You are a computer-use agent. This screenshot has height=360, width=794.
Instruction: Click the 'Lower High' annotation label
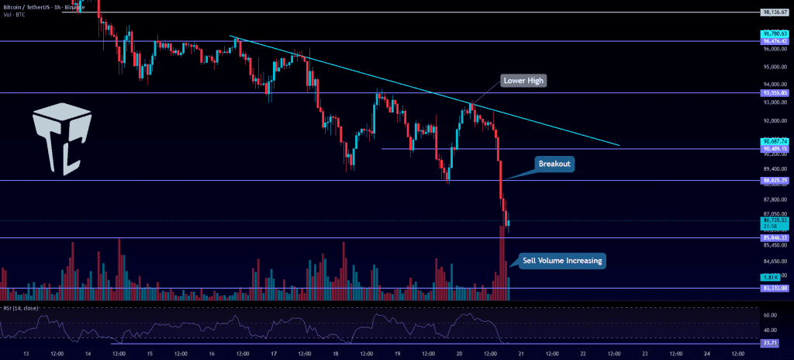pyautogui.click(x=524, y=80)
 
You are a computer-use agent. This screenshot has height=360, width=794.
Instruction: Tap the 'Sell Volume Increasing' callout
pyautogui.click(x=561, y=261)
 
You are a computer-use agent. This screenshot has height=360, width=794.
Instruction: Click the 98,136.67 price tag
pyautogui.click(x=776, y=12)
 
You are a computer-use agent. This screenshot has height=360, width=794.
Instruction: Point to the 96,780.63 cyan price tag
pyautogui.click(x=776, y=34)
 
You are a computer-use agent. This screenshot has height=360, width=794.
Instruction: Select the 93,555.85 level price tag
pyautogui.click(x=776, y=93)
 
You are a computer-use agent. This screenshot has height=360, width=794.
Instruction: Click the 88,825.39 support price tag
pyautogui.click(x=776, y=180)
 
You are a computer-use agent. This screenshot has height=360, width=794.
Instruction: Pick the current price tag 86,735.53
pyautogui.click(x=776, y=221)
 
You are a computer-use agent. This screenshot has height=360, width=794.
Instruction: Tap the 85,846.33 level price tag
pyautogui.click(x=776, y=237)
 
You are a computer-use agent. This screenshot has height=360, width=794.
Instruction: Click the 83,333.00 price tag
pyautogui.click(x=776, y=288)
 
